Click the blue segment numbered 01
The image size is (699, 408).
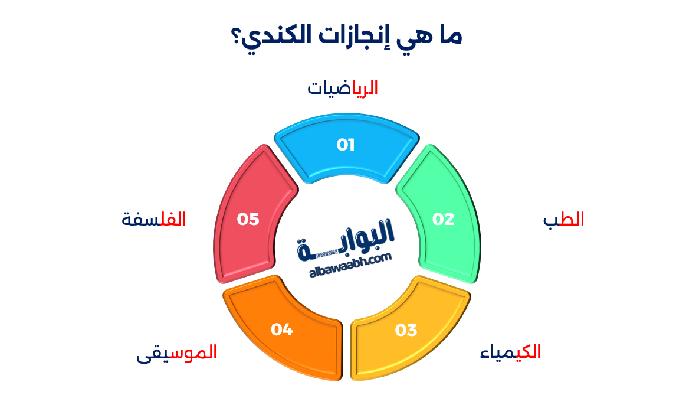[x=347, y=155]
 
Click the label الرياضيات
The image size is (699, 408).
[x=343, y=88]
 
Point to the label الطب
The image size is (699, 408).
[x=563, y=220]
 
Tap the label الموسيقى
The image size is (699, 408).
[x=176, y=352]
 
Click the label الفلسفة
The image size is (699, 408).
[x=154, y=219]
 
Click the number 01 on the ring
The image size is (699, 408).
[x=346, y=145]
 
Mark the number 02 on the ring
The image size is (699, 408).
[x=444, y=220]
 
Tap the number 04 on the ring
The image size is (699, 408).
[x=282, y=329]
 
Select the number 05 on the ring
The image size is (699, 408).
[x=248, y=219]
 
